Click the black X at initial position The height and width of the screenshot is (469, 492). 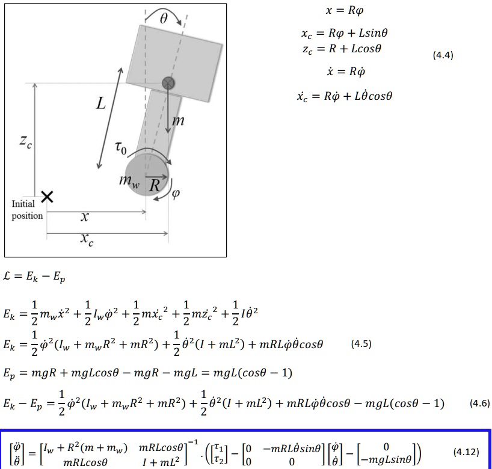[x=47, y=196]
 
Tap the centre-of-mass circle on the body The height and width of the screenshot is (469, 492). [x=168, y=83]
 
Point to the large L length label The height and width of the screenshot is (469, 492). [x=100, y=103]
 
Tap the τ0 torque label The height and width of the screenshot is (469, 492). [x=121, y=147]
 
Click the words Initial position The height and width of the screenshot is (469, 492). [x=27, y=210]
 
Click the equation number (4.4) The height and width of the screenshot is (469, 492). [x=443, y=55]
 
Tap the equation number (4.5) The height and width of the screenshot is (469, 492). [x=361, y=344]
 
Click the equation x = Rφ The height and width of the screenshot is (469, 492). [x=345, y=11]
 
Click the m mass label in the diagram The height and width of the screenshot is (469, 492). [x=178, y=121]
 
